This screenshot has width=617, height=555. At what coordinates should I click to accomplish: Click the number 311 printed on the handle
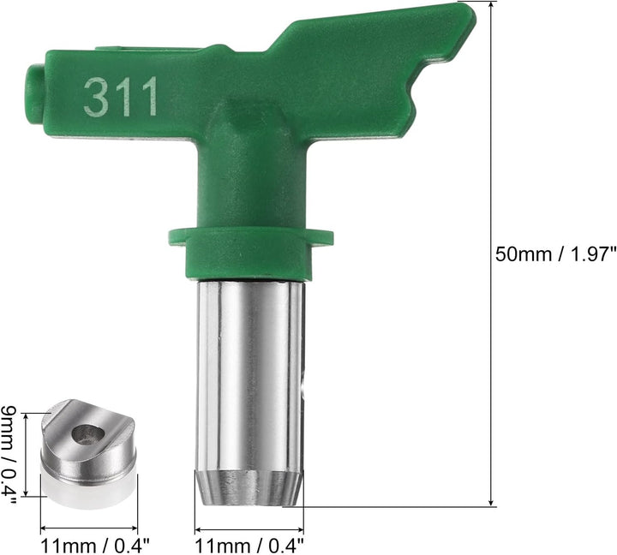[x=121, y=97]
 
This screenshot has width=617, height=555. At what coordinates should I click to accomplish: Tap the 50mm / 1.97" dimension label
[x=555, y=254]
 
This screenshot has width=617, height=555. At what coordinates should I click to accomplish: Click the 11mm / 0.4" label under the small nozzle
[x=95, y=546]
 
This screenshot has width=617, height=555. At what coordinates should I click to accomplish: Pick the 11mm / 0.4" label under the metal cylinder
[x=249, y=546]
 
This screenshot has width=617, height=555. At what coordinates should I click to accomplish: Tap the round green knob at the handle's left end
[x=34, y=94]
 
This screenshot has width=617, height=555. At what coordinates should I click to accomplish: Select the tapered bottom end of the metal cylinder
[x=250, y=487]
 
